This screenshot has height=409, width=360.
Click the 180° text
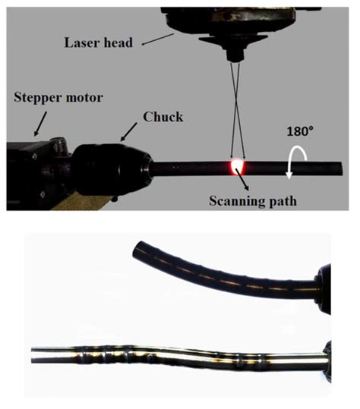(299, 131)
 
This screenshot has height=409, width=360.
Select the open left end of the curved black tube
(139, 250)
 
